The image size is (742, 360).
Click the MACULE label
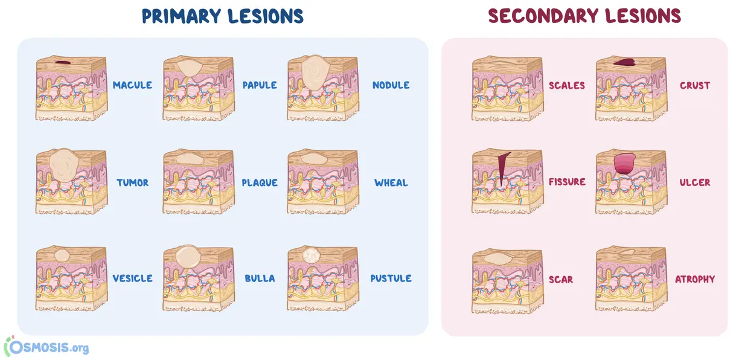pyautogui.click(x=132, y=85)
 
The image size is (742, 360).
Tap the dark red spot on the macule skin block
pyautogui.click(x=63, y=62)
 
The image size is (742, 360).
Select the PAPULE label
pyautogui.click(x=260, y=85)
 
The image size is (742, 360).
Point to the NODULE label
pyautogui.click(x=391, y=85)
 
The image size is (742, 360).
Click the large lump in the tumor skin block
pyautogui.click(x=64, y=165)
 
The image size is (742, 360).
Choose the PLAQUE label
pyautogui.click(x=260, y=182)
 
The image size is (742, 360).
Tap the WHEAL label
pyautogui.click(x=391, y=182)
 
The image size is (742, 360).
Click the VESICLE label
pyautogui.click(x=132, y=278)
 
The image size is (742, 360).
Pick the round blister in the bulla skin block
pyautogui.click(x=188, y=256)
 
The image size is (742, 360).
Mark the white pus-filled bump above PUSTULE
pyautogui.click(x=311, y=256)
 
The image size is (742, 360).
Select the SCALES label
pyautogui.click(x=567, y=86)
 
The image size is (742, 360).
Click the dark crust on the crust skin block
pyautogui.click(x=624, y=62)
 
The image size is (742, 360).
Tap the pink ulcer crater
pyautogui.click(x=624, y=164)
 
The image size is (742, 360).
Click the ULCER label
pyautogui.click(x=695, y=182)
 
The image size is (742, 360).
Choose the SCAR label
pyautogui.click(x=561, y=280)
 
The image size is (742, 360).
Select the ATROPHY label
pyautogui.click(x=695, y=279)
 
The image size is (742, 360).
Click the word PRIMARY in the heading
pyautogui.click(x=181, y=16)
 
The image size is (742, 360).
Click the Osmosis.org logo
pyautogui.click(x=46, y=347)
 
